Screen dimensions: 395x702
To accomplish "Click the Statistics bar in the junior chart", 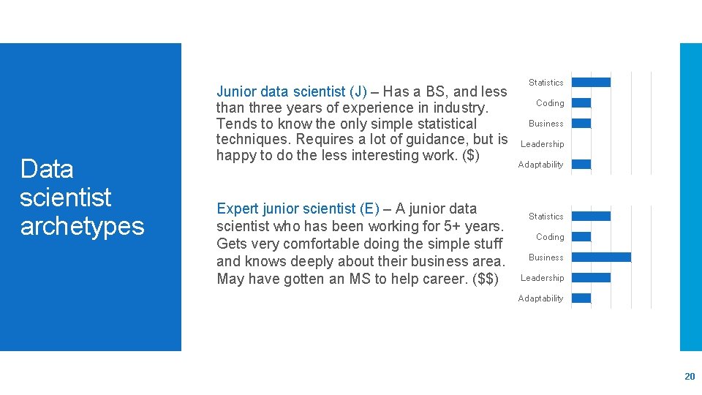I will coord(591,82).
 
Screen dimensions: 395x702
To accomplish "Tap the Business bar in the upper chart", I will coord(581,124).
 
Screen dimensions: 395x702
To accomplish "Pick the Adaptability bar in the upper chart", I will coord(581,165).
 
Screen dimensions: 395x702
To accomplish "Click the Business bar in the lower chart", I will coord(600,257).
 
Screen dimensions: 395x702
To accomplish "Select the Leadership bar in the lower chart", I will coord(591,278).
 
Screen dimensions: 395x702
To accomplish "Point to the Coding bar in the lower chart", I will coord(581,237).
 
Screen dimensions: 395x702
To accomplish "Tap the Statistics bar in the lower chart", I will coord(591,217).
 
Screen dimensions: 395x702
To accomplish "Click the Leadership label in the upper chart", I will coord(542,144).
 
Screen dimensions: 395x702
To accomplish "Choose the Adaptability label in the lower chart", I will coord(540,298).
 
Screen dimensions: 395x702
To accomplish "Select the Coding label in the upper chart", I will coord(550,103).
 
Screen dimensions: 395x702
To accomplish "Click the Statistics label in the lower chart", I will coord(546,217).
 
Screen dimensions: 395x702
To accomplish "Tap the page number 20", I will coord(689,376).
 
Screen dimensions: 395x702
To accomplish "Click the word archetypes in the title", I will coord(82,226).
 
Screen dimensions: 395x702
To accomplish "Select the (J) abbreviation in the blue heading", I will coord(358,91).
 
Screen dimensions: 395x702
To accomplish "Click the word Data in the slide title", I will coord(47,169).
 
